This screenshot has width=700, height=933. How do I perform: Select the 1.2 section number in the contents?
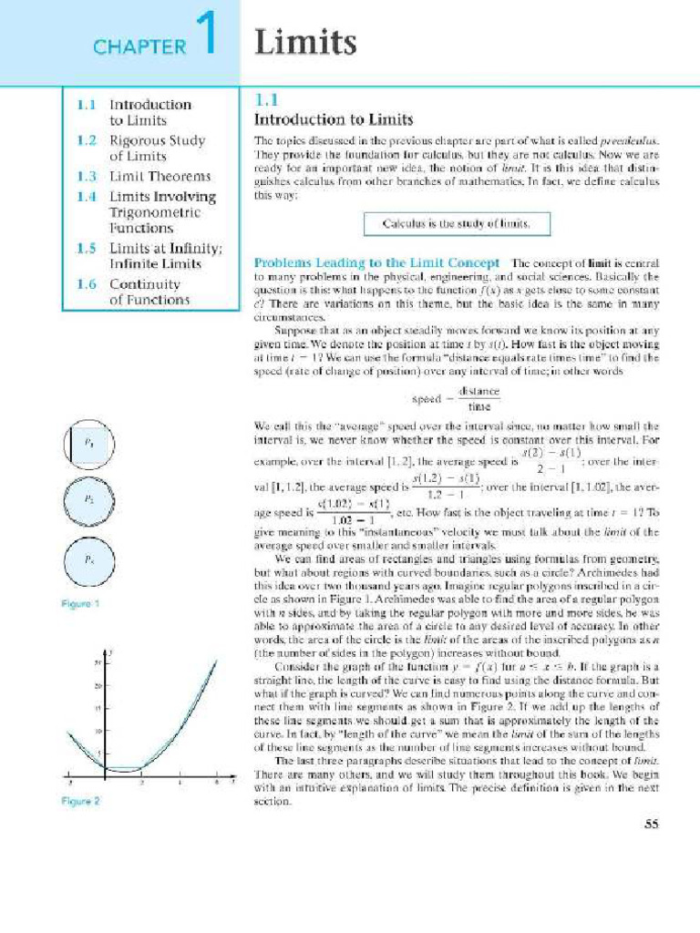(x=87, y=140)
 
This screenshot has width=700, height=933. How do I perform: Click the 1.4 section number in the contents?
(x=87, y=196)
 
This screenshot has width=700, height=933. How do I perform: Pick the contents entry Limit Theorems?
(x=160, y=176)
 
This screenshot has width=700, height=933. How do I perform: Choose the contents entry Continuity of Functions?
(x=149, y=291)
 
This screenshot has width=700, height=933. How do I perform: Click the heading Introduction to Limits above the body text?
(x=333, y=119)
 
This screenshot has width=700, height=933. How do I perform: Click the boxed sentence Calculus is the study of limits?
(x=454, y=222)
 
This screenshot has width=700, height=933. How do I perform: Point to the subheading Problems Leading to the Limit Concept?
(x=376, y=262)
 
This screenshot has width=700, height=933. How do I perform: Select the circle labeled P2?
(x=89, y=500)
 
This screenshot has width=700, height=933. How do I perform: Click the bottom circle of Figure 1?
(x=89, y=559)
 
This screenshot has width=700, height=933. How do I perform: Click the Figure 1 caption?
(x=81, y=603)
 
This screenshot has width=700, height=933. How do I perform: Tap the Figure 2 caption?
(x=81, y=802)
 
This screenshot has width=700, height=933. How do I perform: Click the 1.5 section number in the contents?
(x=87, y=247)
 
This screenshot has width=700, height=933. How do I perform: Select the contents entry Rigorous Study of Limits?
(x=157, y=148)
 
